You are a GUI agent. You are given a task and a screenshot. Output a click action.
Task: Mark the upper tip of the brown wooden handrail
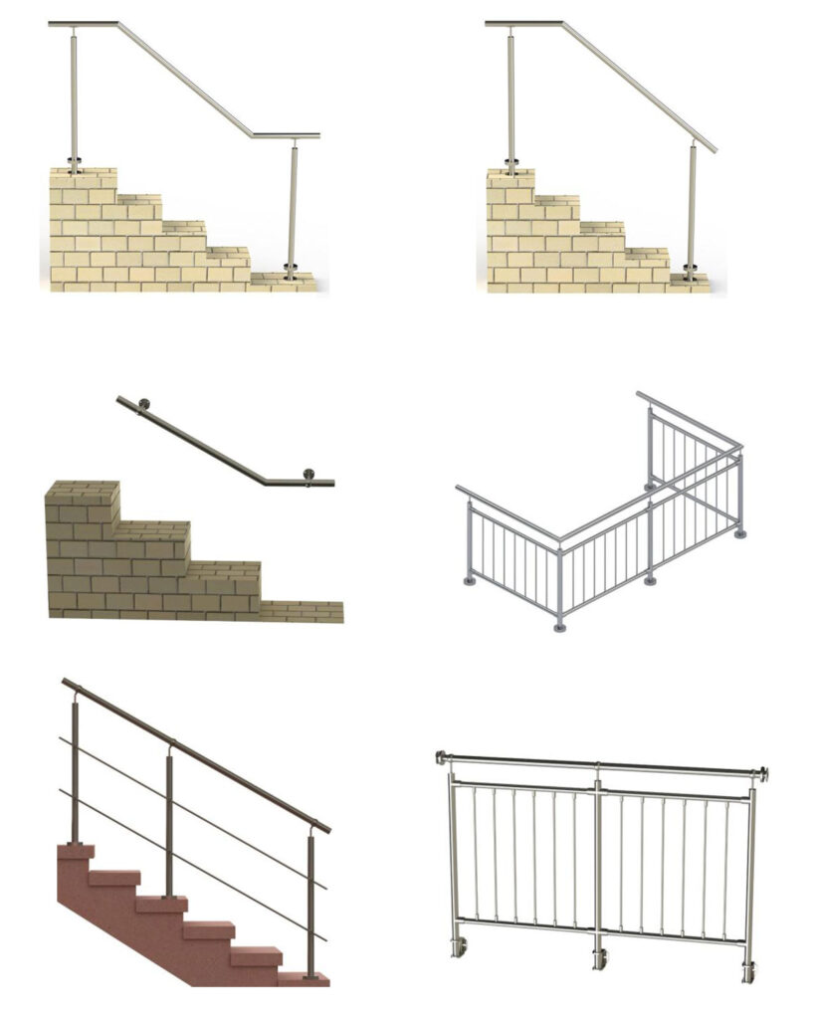click(x=66, y=683)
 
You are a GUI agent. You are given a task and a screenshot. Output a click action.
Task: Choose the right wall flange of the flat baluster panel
click(x=765, y=774)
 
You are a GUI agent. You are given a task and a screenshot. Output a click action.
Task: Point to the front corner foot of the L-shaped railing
click(x=560, y=626)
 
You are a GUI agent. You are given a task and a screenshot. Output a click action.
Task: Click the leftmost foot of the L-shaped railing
click(x=469, y=579)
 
